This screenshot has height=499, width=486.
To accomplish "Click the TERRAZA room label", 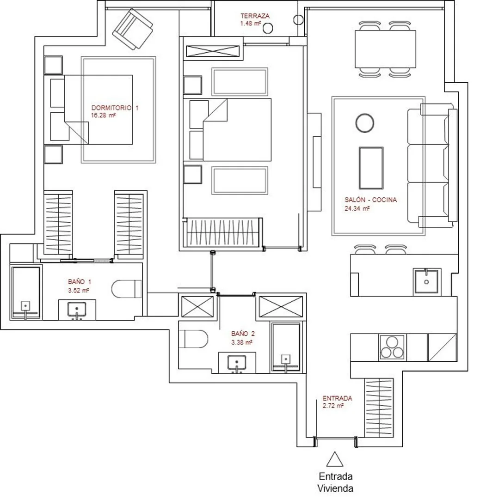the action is pos(255,16).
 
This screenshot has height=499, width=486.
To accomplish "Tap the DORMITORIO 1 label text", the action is pos(115,108).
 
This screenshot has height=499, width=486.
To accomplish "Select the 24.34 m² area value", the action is pos(357,209).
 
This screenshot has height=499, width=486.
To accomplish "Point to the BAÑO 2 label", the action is pos(243,334).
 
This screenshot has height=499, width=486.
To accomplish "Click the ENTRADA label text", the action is pos(337,398).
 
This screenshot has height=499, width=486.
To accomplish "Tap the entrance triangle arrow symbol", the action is pos(335,459).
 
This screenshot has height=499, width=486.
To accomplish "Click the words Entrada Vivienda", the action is pos(335,482).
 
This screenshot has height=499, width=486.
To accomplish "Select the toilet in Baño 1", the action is pos(126,289).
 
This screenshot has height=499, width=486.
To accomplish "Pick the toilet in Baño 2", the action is pos(193,339).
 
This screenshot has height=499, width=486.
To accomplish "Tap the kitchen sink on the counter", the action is pos(427,282).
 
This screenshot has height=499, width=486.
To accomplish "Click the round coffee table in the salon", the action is pos(365,123).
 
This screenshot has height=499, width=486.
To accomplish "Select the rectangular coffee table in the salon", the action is pos(371,168).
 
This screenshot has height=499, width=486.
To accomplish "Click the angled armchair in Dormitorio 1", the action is pos(133,29).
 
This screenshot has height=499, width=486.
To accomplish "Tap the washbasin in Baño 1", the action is pos(77,310).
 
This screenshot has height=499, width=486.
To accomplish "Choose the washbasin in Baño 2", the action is pos(237,363).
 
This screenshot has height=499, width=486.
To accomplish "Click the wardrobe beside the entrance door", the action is pos(379,408).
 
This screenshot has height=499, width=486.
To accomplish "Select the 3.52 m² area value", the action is pos(78,290).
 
